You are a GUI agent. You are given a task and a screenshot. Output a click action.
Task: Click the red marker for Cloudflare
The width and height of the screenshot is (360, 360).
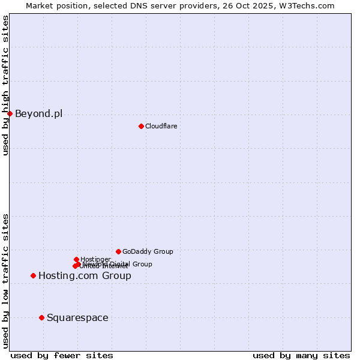pyautogui.click(x=141, y=126)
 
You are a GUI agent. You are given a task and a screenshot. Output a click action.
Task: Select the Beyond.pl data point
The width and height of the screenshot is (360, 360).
pyautogui.click(x=10, y=113)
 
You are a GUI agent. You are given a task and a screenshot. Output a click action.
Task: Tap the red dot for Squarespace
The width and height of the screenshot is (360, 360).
pyautogui.click(x=41, y=317)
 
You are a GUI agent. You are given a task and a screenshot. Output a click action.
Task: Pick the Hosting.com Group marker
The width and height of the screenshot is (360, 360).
pyautogui.click(x=33, y=275)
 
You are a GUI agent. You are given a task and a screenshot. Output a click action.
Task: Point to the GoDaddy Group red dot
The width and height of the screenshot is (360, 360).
pyautogui.click(x=118, y=251)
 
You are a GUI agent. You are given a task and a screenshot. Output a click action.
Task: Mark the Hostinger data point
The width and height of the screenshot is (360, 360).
pyautogui.click(x=76, y=259)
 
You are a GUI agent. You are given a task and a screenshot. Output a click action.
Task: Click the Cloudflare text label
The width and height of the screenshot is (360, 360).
pyautogui.click(x=161, y=126)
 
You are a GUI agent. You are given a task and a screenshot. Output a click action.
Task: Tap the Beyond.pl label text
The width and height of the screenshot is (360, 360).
pyautogui.click(x=38, y=113)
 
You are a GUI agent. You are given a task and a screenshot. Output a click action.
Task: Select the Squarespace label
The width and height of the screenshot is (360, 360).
pyautogui.click(x=77, y=317)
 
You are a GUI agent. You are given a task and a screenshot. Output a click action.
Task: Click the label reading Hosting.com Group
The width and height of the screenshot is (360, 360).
pyautogui.click(x=85, y=275)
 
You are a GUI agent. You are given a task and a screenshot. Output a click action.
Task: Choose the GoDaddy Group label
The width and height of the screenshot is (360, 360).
pyautogui.click(x=148, y=251)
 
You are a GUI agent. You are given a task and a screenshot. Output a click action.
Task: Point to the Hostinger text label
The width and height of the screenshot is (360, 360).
pyautogui.click(x=95, y=259)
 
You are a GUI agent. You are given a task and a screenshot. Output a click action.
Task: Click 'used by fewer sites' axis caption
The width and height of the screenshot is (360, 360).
pyautogui.click(x=62, y=355)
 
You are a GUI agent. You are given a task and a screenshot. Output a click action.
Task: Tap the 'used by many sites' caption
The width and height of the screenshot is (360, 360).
pyautogui.click(x=301, y=355)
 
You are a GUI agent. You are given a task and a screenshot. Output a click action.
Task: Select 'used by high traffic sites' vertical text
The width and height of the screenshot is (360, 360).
pyautogui.click(x=5, y=85)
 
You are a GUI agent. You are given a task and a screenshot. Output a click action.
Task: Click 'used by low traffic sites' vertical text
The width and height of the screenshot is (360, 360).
pyautogui.click(x=5, y=281)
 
